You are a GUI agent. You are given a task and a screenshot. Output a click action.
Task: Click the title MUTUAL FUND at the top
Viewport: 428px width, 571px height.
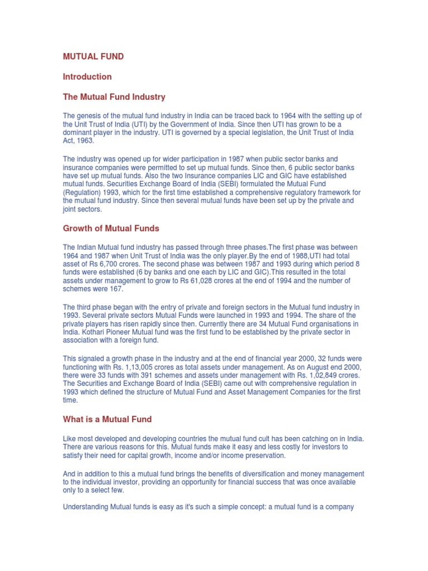pos(93,56)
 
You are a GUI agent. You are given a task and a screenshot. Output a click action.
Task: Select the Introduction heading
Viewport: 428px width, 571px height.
pos(87,76)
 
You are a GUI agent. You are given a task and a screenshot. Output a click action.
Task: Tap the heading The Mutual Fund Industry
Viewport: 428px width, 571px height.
pos(114,97)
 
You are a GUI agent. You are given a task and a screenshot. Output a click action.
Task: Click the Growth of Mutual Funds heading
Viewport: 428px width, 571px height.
pos(111,228)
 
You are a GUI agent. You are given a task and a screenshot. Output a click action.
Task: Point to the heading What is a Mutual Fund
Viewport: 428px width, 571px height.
pos(107,419)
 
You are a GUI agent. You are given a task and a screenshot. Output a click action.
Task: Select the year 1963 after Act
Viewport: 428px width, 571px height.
pos(86,141)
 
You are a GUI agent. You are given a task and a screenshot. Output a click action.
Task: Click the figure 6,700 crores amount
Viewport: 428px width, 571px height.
pos(106,264)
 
